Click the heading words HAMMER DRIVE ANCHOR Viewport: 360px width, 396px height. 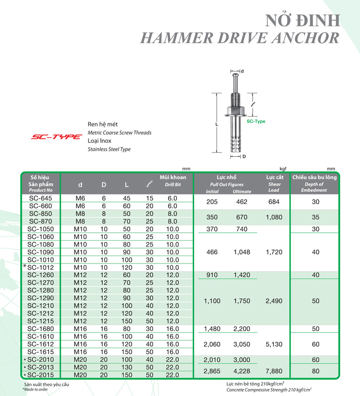(240, 38)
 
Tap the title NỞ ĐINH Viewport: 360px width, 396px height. (303, 20)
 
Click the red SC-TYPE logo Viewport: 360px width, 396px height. (57, 136)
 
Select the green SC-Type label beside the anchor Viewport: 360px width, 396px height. (256, 122)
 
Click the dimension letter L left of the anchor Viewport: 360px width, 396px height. (216, 125)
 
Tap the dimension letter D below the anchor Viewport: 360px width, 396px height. (243, 157)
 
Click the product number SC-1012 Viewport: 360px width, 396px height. (40, 267)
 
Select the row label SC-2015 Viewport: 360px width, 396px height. (40, 375)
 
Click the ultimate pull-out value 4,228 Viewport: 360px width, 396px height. (242, 372)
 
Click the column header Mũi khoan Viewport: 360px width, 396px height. (173, 177)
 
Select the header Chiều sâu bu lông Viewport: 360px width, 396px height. (314, 177)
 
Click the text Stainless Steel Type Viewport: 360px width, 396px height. (109, 149)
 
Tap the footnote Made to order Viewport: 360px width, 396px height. (36, 390)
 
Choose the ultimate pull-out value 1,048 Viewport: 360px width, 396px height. (242, 252)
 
